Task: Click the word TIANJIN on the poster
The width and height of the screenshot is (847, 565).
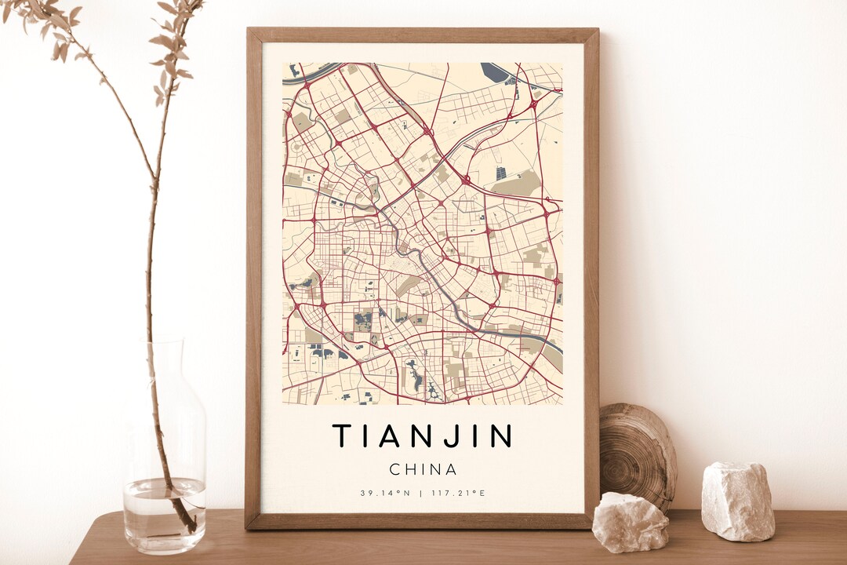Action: pos(423,436)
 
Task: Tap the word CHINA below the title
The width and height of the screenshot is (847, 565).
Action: pos(423,469)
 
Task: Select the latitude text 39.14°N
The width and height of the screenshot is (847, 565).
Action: pos(385,493)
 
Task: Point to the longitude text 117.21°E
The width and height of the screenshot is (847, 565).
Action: pos(458,493)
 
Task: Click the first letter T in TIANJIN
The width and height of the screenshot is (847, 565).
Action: pos(342,436)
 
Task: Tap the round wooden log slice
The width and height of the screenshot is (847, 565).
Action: pos(638,455)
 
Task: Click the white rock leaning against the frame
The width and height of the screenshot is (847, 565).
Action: pos(631,522)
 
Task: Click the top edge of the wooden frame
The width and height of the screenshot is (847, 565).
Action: pos(423,35)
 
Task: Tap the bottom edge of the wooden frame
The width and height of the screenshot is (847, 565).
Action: pos(423,521)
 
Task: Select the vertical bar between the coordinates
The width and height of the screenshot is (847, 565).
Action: pos(421,493)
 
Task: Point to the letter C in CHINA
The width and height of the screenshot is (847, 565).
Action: pos(395,469)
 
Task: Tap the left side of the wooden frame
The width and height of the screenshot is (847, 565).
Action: pos(253,275)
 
